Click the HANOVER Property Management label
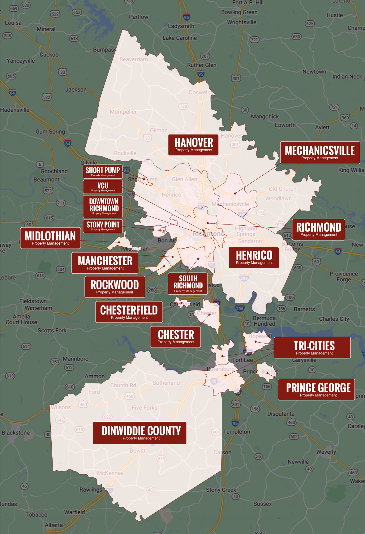194,145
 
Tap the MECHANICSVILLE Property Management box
320,152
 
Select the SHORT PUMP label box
103,171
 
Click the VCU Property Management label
103,187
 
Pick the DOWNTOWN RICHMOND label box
104,206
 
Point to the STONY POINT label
103,226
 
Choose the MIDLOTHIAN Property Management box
50,238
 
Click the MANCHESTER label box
105,263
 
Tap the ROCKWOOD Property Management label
115,287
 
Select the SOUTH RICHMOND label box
188,283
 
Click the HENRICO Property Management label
254,257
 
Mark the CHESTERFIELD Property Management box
129,312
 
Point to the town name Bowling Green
239,12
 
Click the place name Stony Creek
221,490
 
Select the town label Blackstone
16,433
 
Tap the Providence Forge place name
344,276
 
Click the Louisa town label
13,23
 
